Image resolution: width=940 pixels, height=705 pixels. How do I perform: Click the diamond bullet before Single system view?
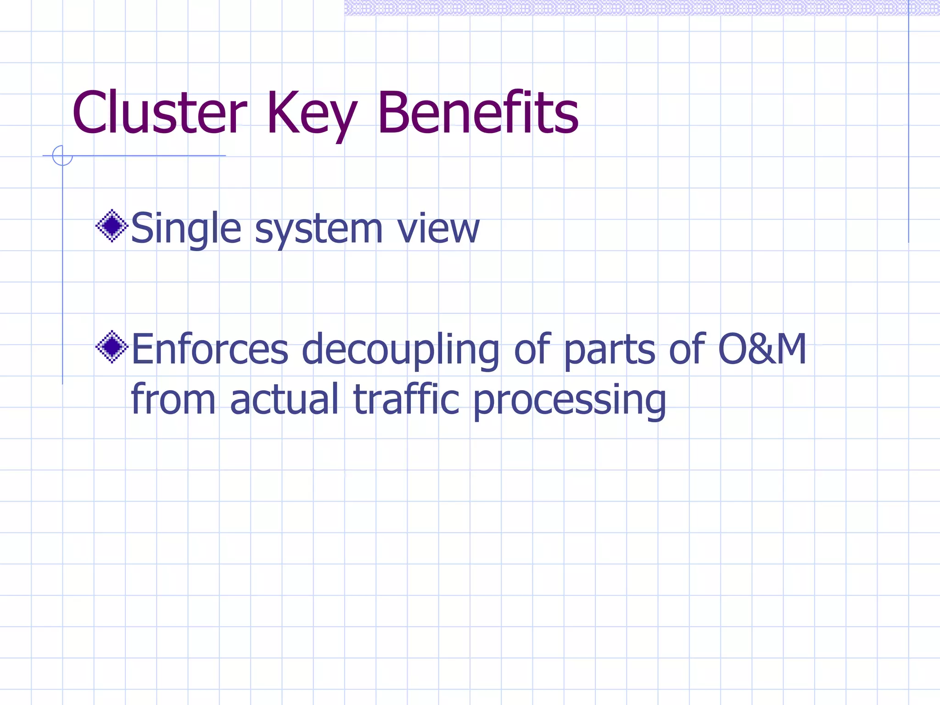(x=112, y=226)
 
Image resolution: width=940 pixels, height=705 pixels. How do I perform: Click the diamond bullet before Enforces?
(x=112, y=347)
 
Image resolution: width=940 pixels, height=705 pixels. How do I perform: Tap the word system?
(x=319, y=229)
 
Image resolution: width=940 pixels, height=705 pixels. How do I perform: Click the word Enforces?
(x=210, y=349)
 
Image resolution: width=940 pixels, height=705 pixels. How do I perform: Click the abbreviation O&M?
(x=761, y=349)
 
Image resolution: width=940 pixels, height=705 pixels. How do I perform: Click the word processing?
(x=569, y=400)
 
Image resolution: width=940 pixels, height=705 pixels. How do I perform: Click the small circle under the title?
(x=62, y=156)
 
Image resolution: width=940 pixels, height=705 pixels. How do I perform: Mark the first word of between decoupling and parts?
(x=532, y=349)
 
